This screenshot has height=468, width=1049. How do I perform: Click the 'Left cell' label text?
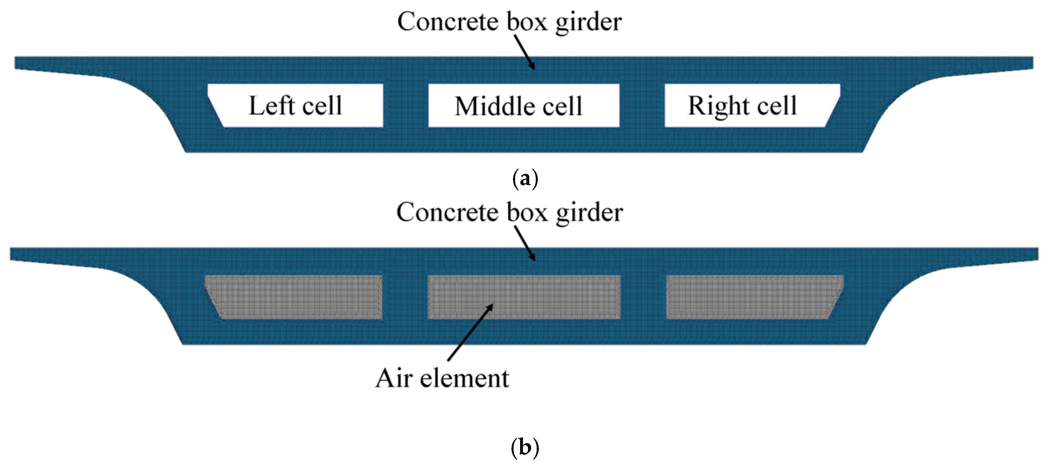coord(295,106)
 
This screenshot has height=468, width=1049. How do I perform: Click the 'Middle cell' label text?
coord(518,106)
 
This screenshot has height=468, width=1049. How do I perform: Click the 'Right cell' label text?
coord(742,106)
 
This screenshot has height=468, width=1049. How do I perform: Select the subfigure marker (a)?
coord(525,179)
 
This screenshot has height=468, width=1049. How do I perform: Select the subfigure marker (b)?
coord(524,448)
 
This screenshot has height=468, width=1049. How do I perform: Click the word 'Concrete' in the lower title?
coord(448,212)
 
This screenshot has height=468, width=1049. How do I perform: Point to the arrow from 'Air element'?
coord(470,332)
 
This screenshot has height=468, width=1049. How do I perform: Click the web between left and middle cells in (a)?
coord(406,106)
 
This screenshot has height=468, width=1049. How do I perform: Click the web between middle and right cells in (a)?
coord(642,106)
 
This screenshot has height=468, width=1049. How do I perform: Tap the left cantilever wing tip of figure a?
coord(24,64)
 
